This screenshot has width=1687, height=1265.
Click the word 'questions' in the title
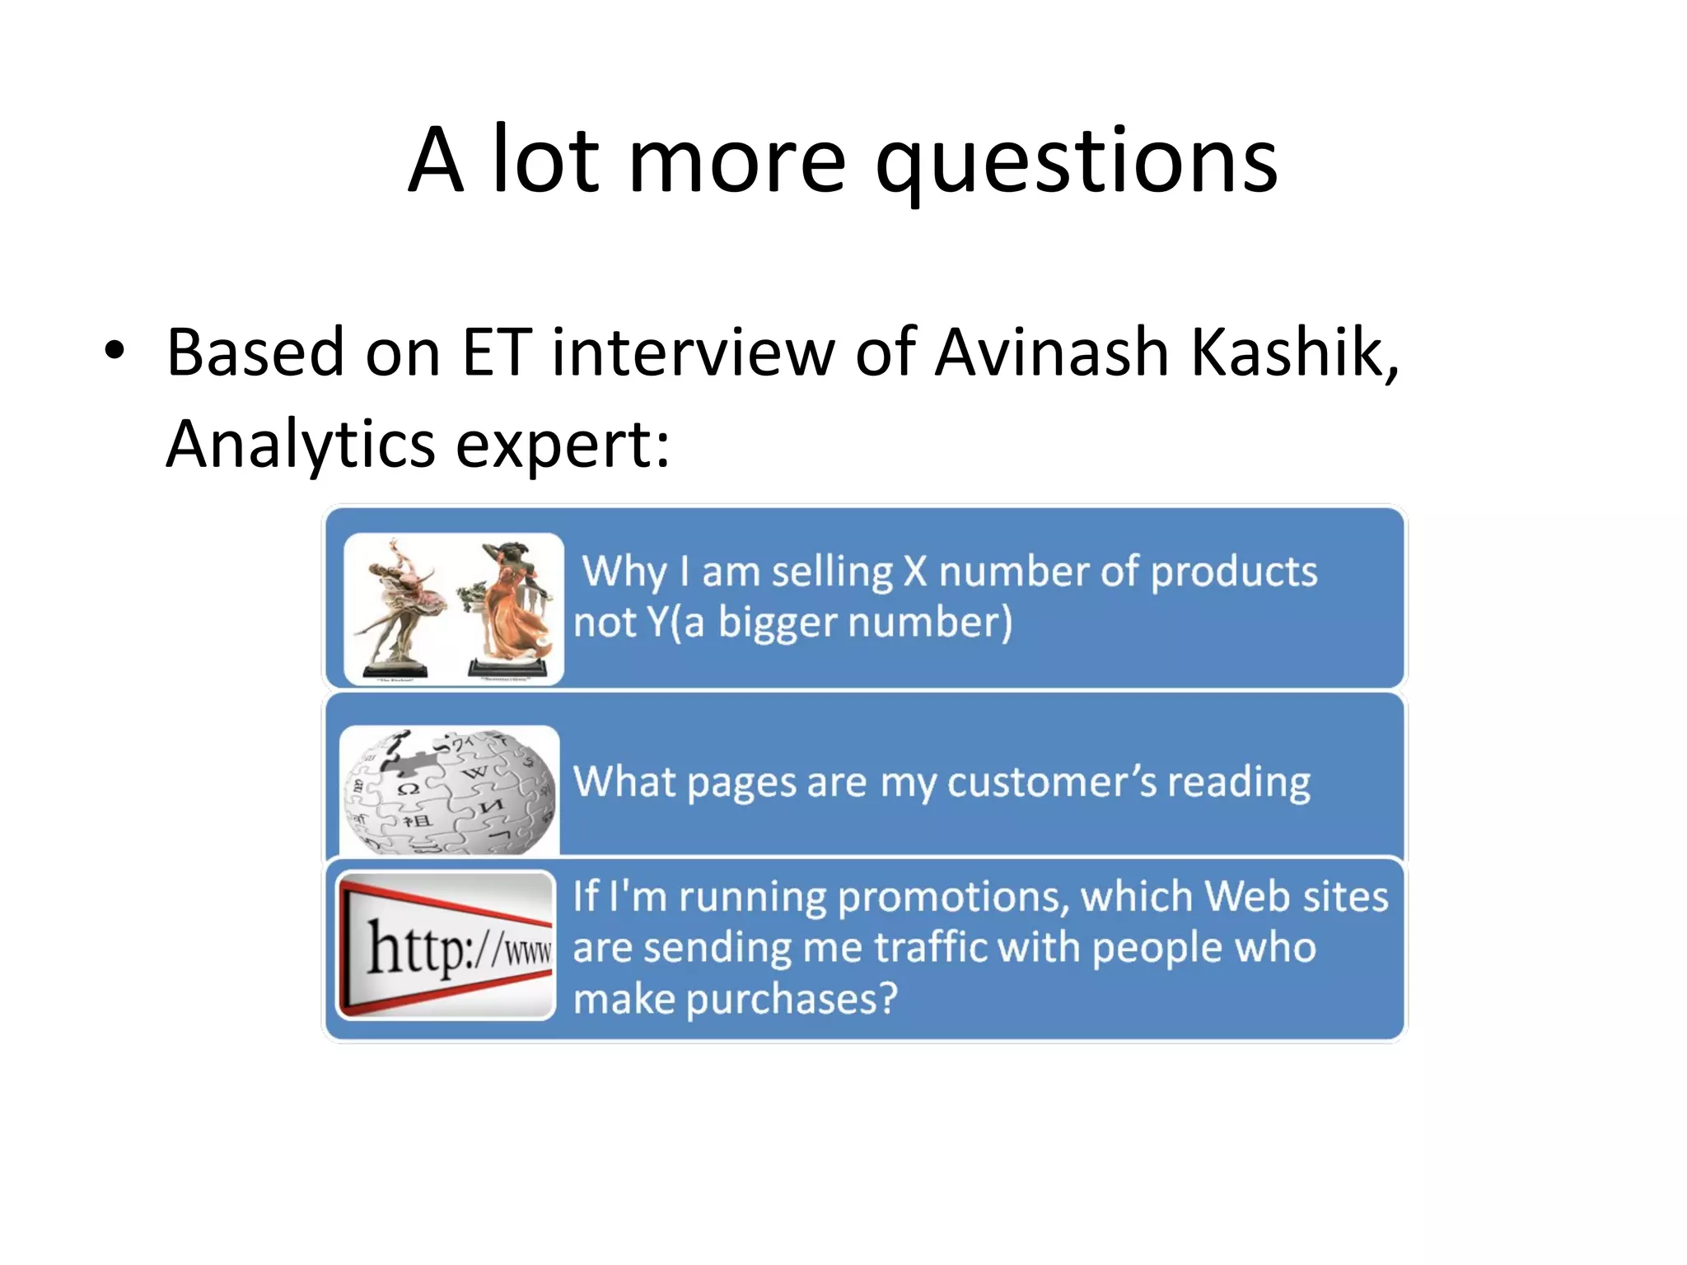1076,162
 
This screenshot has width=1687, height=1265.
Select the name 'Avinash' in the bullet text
1052,352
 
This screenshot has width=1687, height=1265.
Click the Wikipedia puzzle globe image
450,791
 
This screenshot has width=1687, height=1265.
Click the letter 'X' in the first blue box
914,572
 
